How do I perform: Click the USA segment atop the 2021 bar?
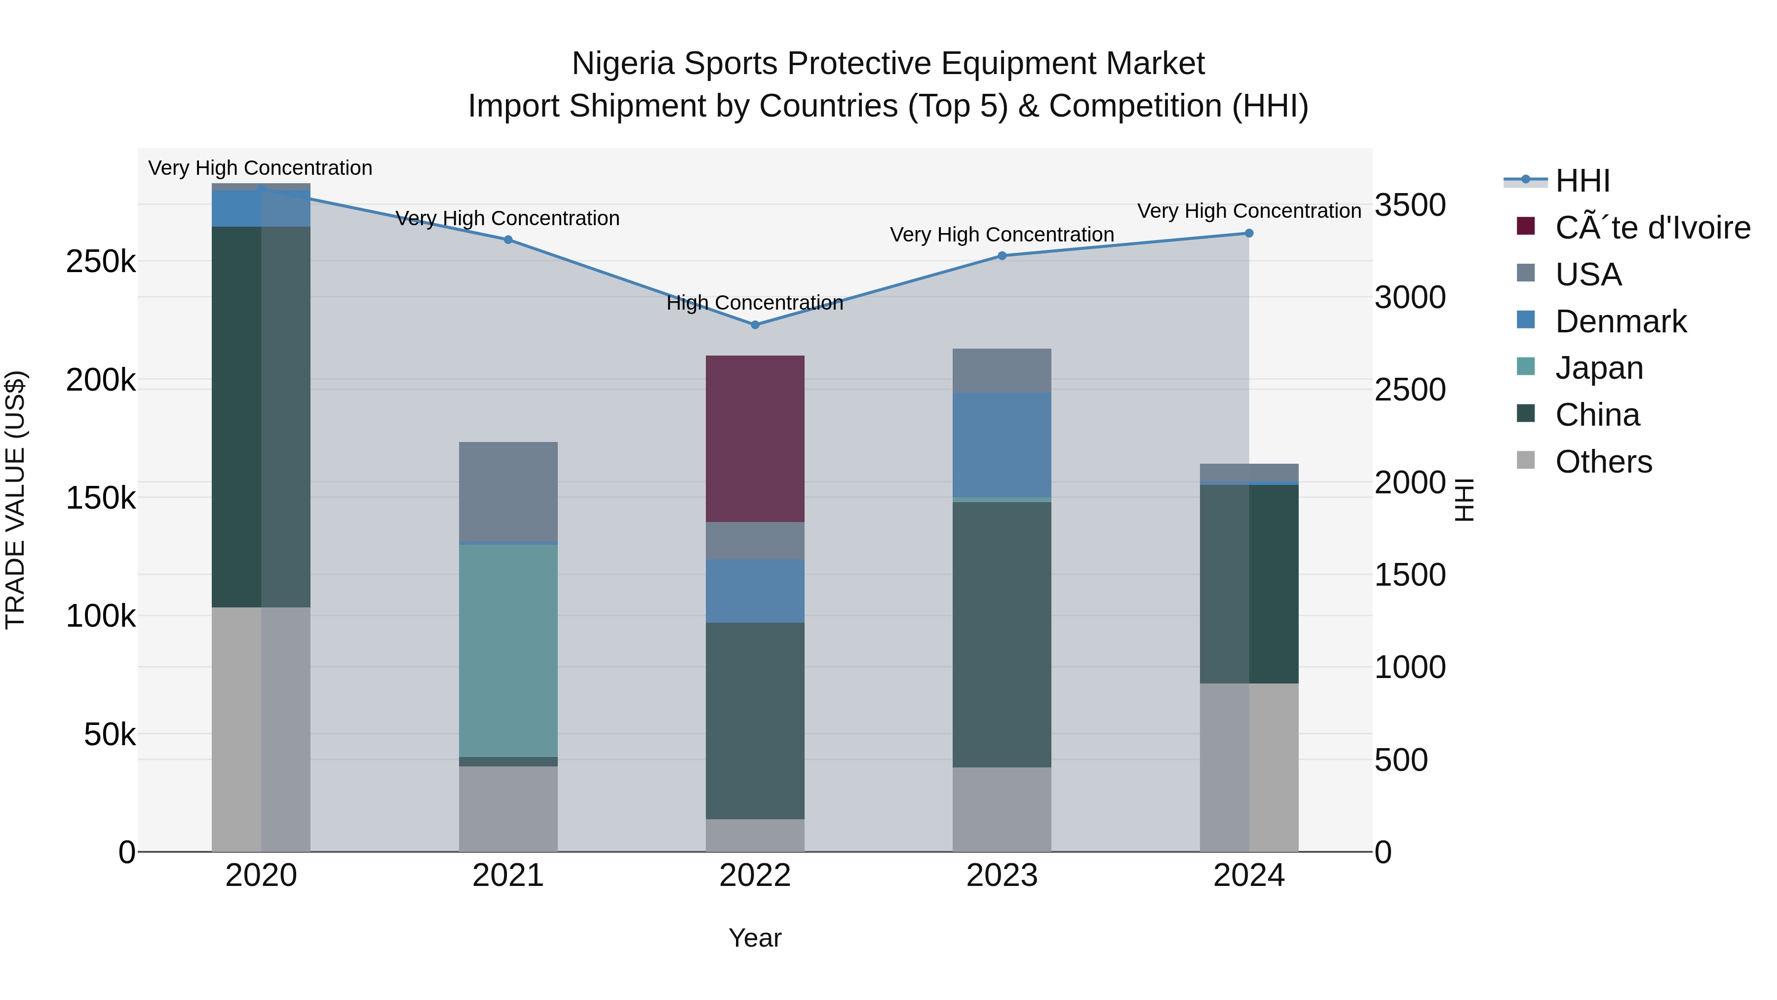[508, 491]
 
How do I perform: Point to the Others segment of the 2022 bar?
[755, 835]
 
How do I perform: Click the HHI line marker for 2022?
[755, 324]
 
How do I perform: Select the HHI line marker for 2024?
[1249, 233]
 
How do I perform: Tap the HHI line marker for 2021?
[508, 240]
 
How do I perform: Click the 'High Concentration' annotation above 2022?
[755, 303]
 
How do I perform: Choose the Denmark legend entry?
[1621, 321]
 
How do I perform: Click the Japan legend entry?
[1598, 368]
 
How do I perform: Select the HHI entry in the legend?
[1583, 181]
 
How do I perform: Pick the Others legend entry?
[1603, 462]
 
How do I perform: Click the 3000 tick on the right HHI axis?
[1410, 297]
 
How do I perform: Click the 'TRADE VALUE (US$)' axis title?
[15, 500]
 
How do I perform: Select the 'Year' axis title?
[755, 938]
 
